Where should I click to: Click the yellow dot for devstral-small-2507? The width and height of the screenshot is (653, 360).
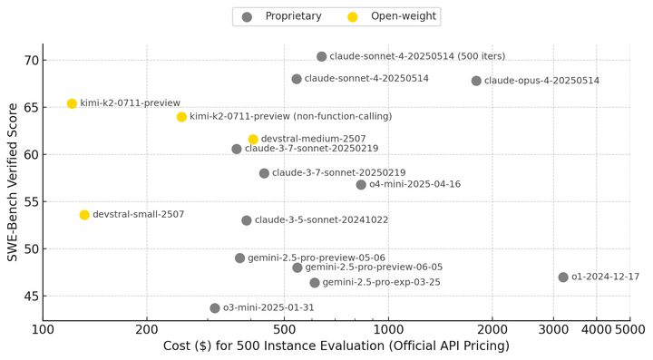click(84, 215)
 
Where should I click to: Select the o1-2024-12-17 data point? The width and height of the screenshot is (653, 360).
click(563, 277)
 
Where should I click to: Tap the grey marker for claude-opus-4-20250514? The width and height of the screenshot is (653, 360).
click(476, 81)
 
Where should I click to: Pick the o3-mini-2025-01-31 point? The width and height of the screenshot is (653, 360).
click(215, 308)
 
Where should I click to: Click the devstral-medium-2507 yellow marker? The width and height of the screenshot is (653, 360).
click(253, 139)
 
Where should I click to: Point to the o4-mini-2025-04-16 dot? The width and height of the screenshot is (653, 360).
click(361, 184)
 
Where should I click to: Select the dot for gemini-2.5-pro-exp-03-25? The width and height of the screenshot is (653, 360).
click(315, 283)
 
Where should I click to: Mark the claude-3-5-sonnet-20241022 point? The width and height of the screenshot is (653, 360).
click(247, 220)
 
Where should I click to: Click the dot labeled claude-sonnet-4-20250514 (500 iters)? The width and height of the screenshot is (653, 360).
click(321, 56)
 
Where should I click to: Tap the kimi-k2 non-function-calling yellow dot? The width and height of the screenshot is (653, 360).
click(181, 117)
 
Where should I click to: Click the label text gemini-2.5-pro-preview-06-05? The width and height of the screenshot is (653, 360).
click(374, 267)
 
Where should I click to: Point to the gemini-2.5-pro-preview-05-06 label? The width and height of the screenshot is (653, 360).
click(317, 258)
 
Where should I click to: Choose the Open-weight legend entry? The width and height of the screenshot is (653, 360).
click(392, 16)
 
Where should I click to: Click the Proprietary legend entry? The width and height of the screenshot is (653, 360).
click(282, 16)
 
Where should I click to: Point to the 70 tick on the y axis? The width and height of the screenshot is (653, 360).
click(31, 61)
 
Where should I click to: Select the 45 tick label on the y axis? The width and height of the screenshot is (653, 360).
click(31, 297)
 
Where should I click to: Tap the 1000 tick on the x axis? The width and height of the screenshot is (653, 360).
click(388, 329)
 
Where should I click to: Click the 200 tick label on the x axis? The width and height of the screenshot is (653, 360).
click(147, 329)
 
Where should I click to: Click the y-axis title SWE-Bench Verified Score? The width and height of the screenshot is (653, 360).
click(13, 182)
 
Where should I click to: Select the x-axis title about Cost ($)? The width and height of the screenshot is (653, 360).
click(336, 345)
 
